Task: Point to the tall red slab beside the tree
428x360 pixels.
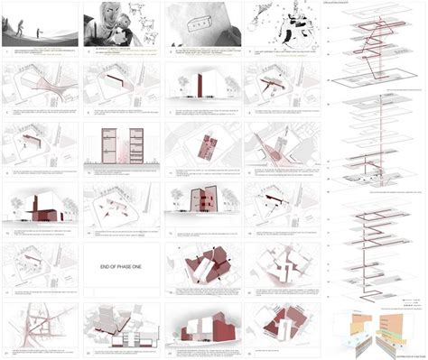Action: pyautogui.click(x=197, y=86)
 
